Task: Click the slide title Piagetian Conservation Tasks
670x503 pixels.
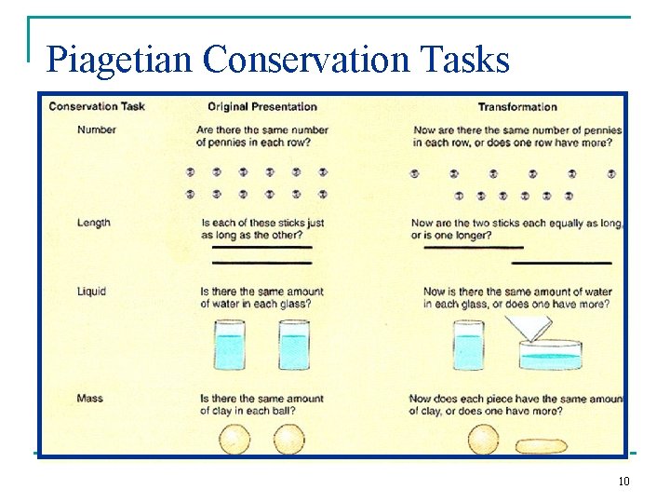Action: point(278,60)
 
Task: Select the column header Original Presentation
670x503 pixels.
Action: point(262,106)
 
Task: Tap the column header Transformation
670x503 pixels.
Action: point(517,106)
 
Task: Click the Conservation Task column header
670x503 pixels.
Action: point(97,106)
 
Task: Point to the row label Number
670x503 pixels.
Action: point(97,129)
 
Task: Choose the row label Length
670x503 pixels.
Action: point(94,223)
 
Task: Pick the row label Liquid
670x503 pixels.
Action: point(92,292)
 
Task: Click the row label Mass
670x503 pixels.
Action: point(90,399)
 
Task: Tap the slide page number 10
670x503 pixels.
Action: point(623,482)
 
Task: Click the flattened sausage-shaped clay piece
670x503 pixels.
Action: point(541,445)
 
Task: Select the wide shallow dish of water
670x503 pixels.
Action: point(550,356)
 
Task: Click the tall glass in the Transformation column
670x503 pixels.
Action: point(468,345)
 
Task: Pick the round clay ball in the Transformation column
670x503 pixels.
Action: point(483,439)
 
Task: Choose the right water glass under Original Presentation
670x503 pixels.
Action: point(294,345)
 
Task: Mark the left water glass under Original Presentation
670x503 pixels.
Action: point(230,345)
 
